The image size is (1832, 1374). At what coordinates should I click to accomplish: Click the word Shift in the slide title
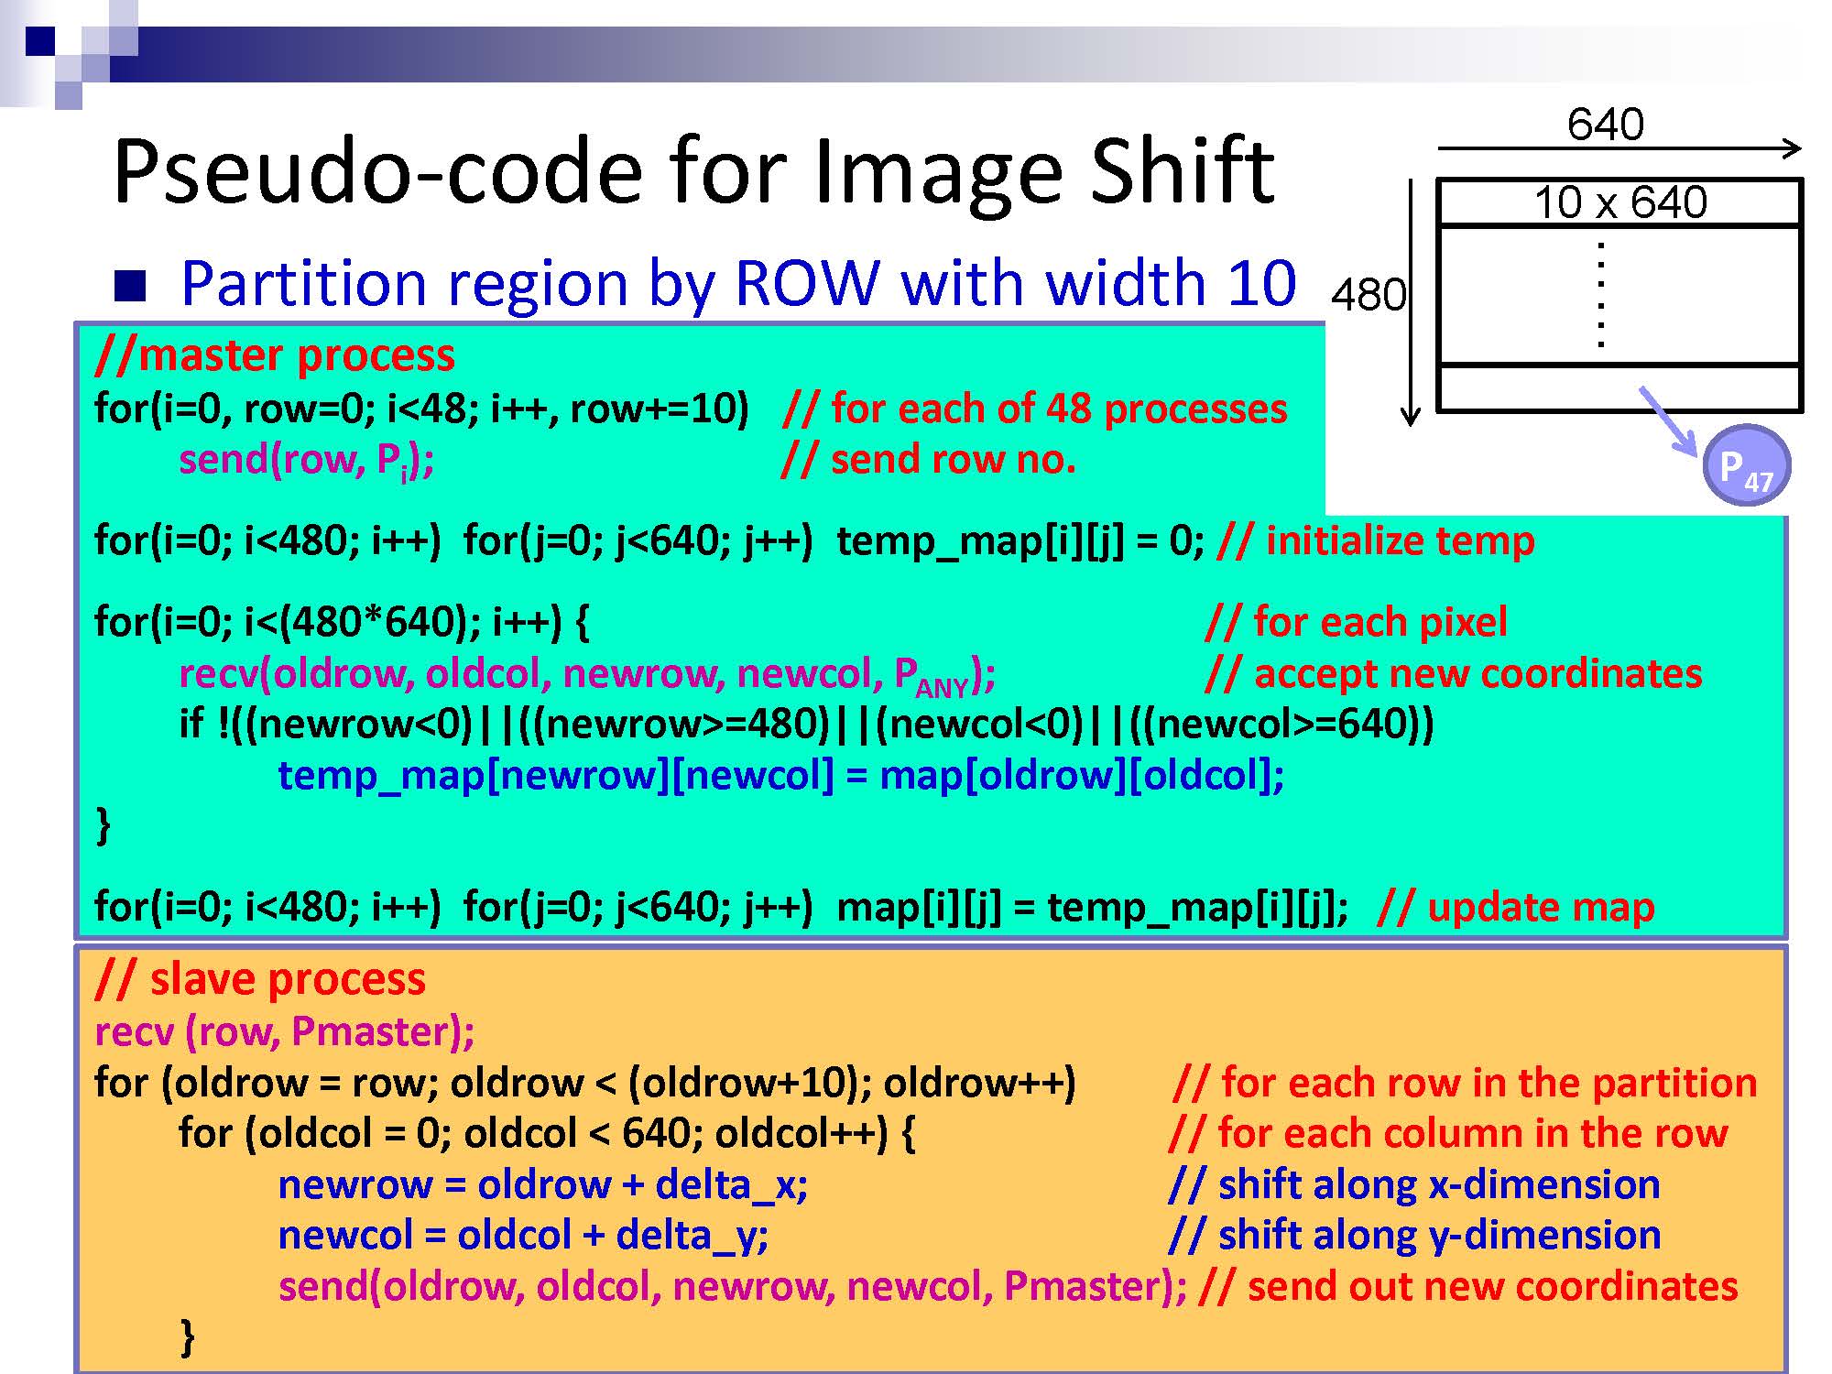1182,171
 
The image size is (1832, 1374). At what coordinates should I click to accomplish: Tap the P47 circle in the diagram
1746,465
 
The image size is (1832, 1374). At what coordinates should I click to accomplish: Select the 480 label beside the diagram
1369,295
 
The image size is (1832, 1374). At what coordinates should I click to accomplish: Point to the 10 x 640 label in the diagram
1620,202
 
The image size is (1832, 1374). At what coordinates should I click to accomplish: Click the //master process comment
275,355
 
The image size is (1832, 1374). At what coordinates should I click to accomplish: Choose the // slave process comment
260,979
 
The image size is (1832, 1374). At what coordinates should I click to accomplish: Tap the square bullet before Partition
130,286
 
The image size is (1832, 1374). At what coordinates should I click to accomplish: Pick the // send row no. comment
929,459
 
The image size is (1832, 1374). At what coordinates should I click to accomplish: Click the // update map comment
1516,907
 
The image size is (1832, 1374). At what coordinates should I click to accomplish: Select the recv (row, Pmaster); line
285,1031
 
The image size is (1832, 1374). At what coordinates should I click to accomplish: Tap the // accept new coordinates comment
1454,673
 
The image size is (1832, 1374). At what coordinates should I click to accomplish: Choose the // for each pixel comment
1357,622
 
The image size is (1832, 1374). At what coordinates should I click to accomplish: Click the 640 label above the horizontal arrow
1606,125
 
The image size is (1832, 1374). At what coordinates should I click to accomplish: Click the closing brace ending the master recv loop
104,824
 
